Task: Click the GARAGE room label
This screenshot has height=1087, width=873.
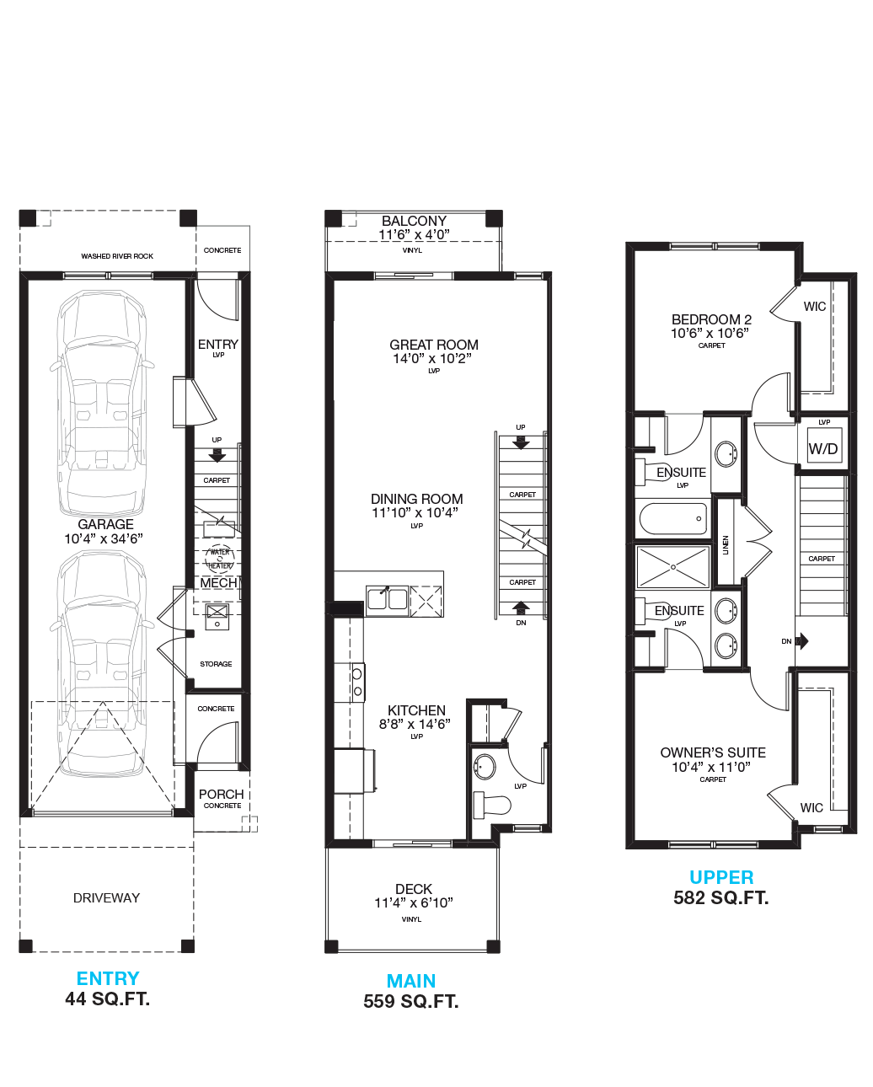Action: click(104, 524)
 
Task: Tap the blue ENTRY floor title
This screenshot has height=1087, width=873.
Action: click(108, 978)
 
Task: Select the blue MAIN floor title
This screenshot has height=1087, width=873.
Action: click(411, 981)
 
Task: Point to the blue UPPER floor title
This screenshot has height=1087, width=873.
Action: click(721, 877)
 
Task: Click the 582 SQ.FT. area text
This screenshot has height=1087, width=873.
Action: click(721, 897)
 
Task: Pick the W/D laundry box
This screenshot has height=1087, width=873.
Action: click(822, 449)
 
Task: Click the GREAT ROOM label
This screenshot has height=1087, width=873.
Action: click(434, 345)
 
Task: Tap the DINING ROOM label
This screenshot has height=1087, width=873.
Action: click(417, 499)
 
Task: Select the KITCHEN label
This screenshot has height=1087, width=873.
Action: click(416, 710)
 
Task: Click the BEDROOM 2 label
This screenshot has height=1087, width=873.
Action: click(711, 319)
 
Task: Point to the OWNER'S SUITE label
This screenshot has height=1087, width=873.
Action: click(713, 752)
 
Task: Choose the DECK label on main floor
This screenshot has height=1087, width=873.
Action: click(414, 889)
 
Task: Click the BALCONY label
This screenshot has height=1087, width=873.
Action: click(414, 221)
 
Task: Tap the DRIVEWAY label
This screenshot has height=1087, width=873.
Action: click(106, 897)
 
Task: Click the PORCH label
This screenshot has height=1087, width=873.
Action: click(222, 794)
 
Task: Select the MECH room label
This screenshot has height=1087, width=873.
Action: click(217, 583)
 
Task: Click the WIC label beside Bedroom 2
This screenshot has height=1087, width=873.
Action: click(815, 307)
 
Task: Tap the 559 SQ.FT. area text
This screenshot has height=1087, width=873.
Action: click(411, 1001)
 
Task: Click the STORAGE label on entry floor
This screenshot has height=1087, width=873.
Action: click(216, 664)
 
